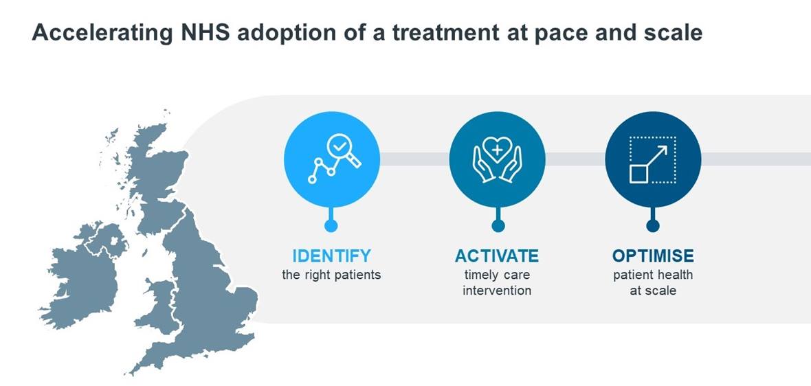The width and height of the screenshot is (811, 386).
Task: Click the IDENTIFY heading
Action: point(331,256)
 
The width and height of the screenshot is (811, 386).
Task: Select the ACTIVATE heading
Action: point(496,256)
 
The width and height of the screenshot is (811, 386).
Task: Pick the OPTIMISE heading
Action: point(653,256)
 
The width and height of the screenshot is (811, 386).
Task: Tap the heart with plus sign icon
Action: point(496,150)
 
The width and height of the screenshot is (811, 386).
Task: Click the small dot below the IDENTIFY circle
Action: point(331,226)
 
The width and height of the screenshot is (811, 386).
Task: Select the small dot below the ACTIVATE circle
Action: point(498,226)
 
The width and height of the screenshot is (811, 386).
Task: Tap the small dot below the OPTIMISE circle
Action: point(653,226)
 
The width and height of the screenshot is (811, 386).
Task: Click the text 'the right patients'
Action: point(331,274)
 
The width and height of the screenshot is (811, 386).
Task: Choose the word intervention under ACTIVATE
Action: point(497,291)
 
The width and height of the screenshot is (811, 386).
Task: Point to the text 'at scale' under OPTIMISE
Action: point(653,291)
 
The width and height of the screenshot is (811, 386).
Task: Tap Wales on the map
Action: point(158,308)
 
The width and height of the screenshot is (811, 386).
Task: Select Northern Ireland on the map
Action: point(106,240)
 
